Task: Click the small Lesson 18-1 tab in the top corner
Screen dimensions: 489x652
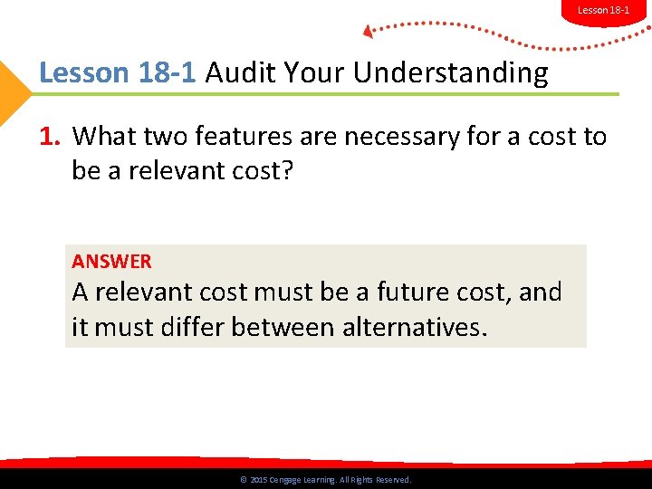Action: pyautogui.click(x=603, y=10)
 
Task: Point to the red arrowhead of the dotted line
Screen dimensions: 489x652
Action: pyautogui.click(x=368, y=32)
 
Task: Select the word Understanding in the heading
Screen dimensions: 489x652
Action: pyautogui.click(x=450, y=72)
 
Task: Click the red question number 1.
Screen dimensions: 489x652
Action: pyautogui.click(x=49, y=137)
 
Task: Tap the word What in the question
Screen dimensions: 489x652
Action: pyautogui.click(x=105, y=137)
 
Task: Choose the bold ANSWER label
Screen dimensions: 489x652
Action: pyautogui.click(x=112, y=262)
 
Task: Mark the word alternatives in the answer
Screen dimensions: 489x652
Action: pyautogui.click(x=413, y=326)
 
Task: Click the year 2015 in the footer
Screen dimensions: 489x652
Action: pyautogui.click(x=258, y=480)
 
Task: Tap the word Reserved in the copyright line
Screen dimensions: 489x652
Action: pyautogui.click(x=392, y=480)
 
